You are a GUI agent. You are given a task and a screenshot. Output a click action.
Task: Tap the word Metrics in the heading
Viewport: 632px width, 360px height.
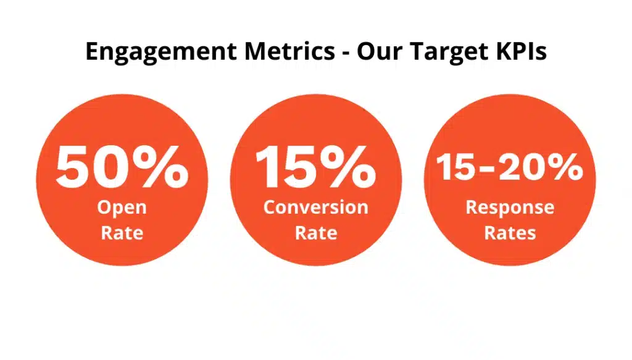pos(290,51)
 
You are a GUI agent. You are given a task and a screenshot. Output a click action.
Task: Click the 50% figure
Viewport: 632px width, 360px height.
pos(122,167)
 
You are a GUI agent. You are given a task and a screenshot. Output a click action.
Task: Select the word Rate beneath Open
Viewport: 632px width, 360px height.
pos(122,233)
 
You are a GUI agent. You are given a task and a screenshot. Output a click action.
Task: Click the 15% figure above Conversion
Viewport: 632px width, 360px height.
pos(315,167)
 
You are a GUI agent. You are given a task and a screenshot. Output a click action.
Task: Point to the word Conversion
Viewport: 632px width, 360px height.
pos(316,207)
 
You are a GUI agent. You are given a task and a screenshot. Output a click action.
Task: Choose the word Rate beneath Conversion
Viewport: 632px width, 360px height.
pos(316,233)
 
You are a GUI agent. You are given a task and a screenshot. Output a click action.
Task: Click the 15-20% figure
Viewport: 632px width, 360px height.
pos(509,167)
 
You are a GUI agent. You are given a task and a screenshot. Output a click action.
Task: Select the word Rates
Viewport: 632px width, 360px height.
pos(510,233)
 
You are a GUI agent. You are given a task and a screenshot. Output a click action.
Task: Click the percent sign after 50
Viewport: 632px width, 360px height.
pos(160,167)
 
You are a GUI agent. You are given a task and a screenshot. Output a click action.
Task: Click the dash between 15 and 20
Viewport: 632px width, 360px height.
pos(488,169)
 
